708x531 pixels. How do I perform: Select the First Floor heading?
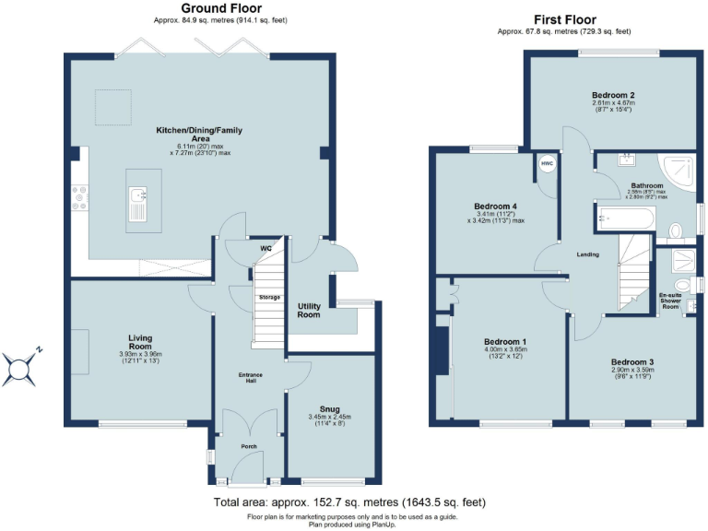tap(563, 19)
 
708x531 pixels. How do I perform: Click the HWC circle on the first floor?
tap(546, 163)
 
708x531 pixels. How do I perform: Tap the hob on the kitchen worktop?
tap(78, 195)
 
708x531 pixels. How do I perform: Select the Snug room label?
tap(329, 408)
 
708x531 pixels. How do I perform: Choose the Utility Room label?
tap(309, 310)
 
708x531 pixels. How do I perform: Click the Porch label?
tap(248, 446)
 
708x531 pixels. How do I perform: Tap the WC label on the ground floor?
tap(265, 249)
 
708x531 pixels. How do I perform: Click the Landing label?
tap(587, 255)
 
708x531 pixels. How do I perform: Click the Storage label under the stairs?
tap(269, 297)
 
